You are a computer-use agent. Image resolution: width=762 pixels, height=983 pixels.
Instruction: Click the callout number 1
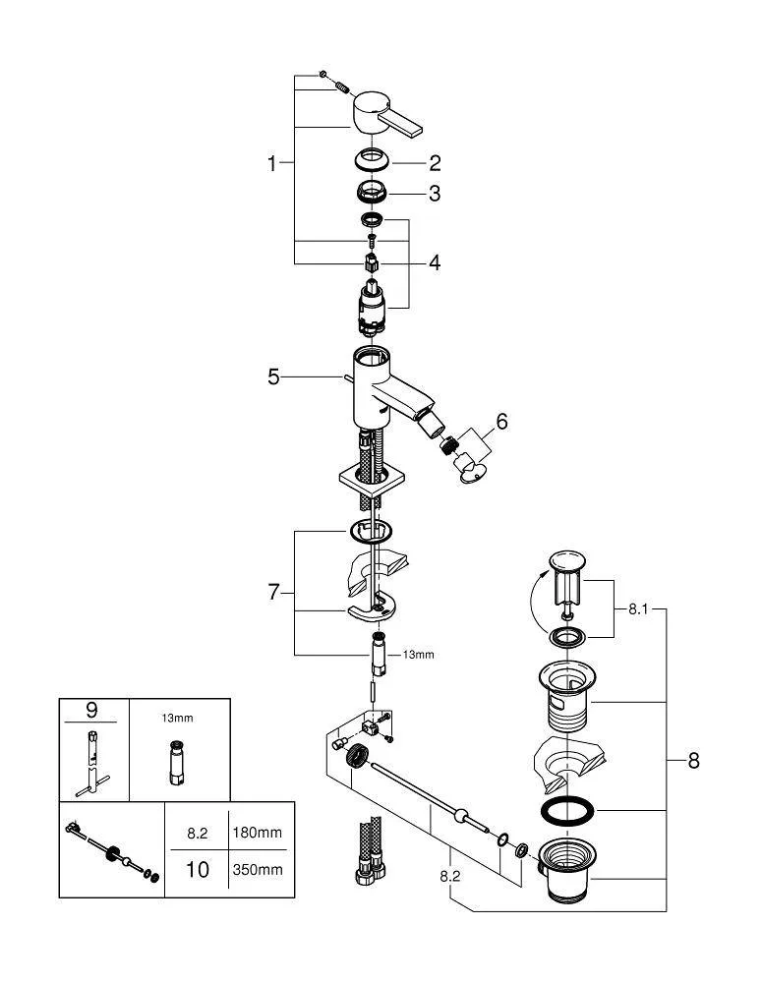tap(272, 164)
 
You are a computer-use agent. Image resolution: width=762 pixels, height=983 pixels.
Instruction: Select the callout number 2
tap(434, 163)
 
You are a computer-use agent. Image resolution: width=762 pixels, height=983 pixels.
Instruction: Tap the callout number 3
tap(434, 194)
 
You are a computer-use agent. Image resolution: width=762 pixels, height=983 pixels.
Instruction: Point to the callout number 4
tap(434, 262)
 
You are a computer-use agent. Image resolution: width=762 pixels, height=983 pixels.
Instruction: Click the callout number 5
tap(273, 376)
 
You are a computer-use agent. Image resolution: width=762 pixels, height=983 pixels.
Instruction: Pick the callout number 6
tap(501, 422)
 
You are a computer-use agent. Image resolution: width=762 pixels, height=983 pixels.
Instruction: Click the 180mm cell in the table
tap(257, 833)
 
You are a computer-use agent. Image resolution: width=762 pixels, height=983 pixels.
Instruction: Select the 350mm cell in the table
tap(257, 869)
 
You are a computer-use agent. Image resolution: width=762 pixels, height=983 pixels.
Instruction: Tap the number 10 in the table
tap(198, 870)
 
